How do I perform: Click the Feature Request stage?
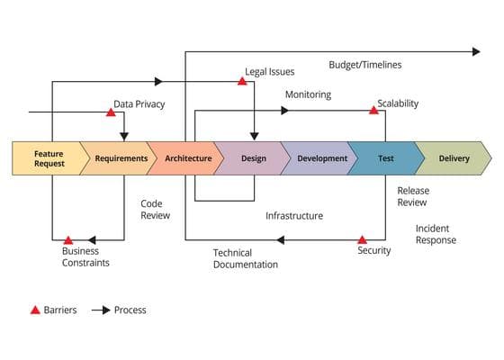49,158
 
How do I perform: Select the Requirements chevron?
120,158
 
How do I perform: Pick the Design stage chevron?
254,158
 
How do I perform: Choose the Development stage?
320,158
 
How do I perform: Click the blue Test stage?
387,158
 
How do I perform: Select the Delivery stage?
454,158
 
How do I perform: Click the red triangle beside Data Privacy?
111,112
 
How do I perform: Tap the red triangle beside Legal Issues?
242,81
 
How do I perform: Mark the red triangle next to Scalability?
373,111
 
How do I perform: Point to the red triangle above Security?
362,239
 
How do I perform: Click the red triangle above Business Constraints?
68,240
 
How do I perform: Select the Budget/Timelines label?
365,65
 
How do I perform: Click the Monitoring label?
308,94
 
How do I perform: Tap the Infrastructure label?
294,216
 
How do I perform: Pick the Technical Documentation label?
246,259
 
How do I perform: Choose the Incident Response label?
436,234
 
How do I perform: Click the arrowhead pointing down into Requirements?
124,137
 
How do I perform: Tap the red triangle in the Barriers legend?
35,310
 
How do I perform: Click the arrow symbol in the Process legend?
101,310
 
